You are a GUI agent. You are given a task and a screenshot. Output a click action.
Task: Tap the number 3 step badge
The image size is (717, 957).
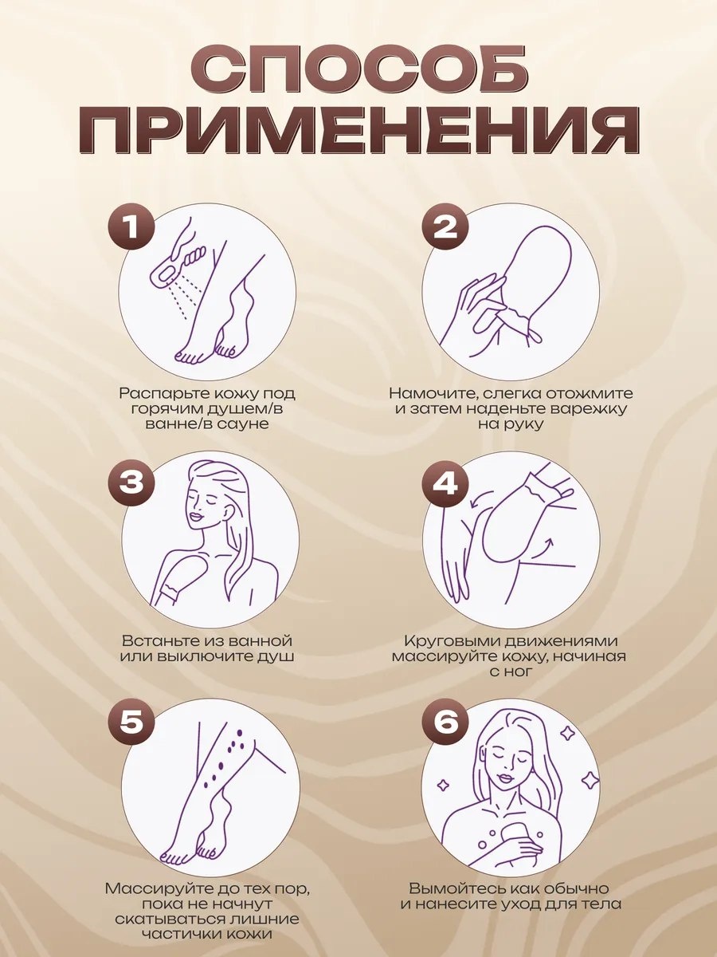(132, 483)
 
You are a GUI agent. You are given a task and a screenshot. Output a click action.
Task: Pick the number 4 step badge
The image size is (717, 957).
(445, 483)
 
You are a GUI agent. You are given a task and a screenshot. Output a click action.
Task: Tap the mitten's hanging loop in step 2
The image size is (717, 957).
(534, 332)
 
